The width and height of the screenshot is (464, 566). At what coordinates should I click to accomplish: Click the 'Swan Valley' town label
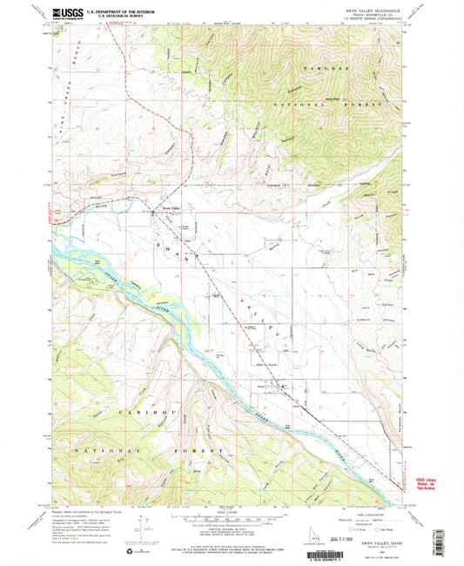tap(172, 207)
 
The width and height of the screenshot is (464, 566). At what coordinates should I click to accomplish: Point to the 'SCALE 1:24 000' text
tap(230, 511)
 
